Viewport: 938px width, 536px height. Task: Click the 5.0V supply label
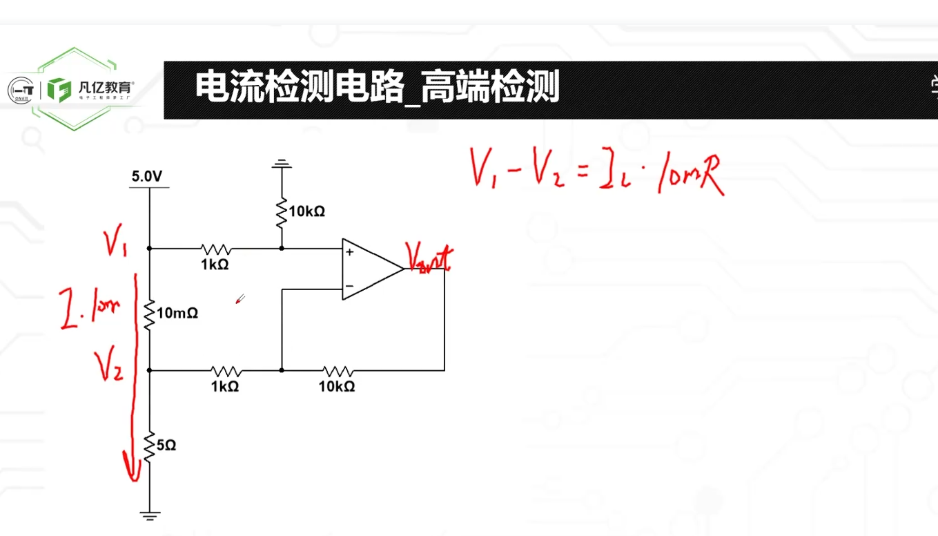tap(148, 178)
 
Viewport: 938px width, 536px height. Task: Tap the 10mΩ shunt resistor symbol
tap(149, 314)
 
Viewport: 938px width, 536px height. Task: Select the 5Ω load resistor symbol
tap(149, 446)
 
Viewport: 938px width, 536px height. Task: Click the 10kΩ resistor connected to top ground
tap(282, 213)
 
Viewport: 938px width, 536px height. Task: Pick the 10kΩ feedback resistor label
tap(337, 387)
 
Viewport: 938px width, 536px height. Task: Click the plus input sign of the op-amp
tap(350, 253)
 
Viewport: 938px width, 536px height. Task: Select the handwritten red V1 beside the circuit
tap(116, 243)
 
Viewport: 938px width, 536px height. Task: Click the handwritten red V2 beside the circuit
tap(110, 364)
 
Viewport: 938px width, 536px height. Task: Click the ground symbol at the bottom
tap(149, 515)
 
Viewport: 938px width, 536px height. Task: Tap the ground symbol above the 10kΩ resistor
tap(282, 164)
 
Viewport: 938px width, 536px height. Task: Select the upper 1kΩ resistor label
tap(215, 265)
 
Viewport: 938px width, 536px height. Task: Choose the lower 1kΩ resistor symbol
tap(225, 370)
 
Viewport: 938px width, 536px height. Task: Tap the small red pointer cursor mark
tap(240, 299)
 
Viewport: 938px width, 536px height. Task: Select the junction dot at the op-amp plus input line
tap(282, 248)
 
